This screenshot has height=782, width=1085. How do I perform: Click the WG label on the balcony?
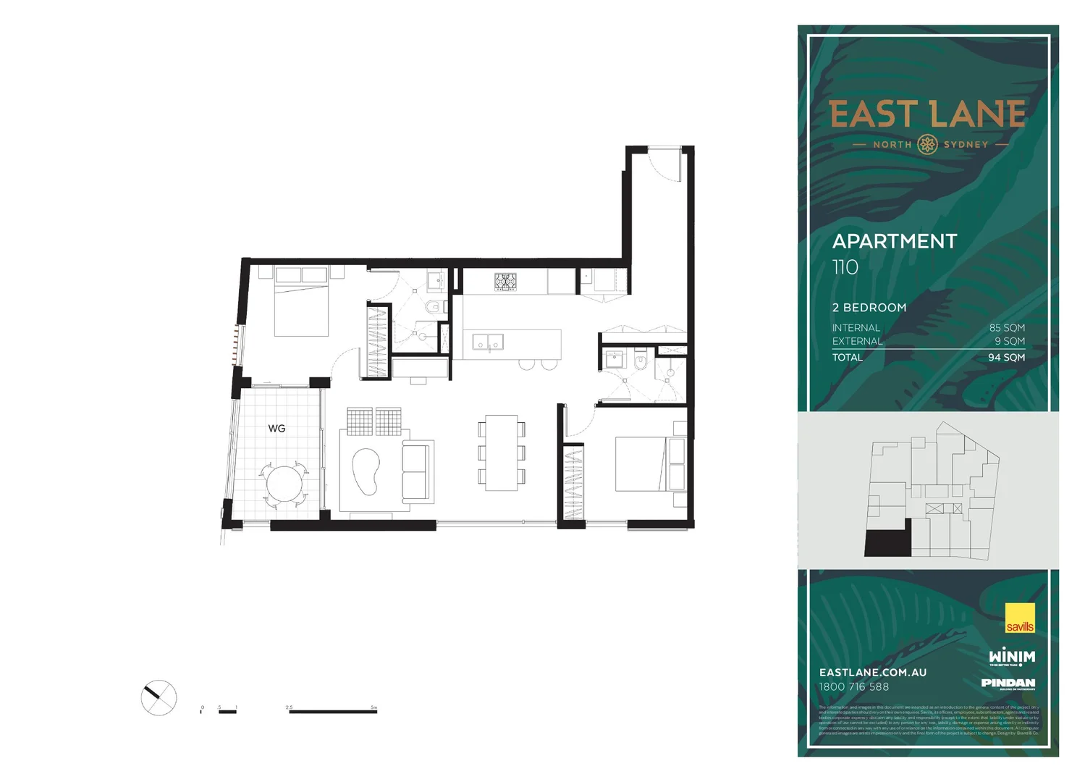pos(276,429)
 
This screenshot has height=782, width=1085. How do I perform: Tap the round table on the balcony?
pos(284,482)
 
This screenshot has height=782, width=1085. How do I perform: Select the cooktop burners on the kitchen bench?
pos(505,282)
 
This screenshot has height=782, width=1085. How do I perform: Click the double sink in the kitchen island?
pos(488,341)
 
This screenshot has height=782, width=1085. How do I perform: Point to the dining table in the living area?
pos(501,453)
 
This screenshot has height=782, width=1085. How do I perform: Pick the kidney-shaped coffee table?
pos(366,471)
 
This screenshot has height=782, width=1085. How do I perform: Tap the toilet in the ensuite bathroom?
pos(434,306)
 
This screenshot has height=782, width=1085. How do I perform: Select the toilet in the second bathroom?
pos(640,361)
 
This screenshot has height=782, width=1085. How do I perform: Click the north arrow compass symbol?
pos(159,698)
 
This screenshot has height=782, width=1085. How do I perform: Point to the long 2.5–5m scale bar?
pos(333,711)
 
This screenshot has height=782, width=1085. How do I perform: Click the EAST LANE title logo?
pos(927,115)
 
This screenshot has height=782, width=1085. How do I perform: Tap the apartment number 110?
pos(845,267)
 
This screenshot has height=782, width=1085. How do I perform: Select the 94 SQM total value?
pos(1006,358)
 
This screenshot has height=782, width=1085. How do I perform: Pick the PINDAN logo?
pos(1008,683)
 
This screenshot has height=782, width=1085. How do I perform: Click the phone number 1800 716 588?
pos(854,687)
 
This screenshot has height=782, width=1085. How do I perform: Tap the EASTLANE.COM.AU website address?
pos(873,673)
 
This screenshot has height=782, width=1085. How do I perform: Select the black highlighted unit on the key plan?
pos(885,544)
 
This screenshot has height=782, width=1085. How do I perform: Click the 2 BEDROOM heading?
pos(869,308)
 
